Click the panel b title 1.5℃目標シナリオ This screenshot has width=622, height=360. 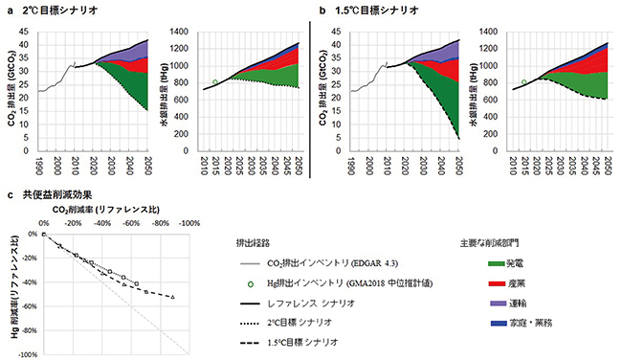click(372, 9)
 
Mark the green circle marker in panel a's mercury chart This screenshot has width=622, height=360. click(215, 82)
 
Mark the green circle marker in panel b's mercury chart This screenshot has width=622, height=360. click(522, 82)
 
